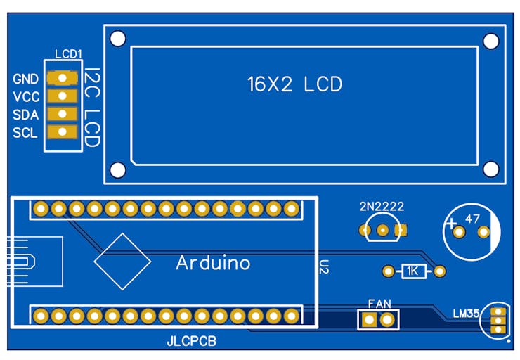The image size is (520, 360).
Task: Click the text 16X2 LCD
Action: click(x=294, y=85)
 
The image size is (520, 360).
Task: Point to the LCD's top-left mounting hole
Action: click(x=118, y=38)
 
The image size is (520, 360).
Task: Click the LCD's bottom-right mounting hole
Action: click(x=492, y=169)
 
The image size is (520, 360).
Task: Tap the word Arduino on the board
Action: click(x=213, y=263)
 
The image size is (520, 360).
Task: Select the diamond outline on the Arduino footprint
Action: click(x=122, y=261)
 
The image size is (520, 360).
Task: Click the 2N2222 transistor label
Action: click(x=382, y=207)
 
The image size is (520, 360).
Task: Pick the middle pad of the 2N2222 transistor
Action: click(x=383, y=230)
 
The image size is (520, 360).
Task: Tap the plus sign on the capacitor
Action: click(x=450, y=225)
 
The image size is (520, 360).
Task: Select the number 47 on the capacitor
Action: click(x=472, y=219)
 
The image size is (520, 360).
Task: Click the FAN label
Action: click(x=379, y=304)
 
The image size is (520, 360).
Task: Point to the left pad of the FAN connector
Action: click(x=369, y=321)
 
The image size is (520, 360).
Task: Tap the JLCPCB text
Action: click(x=190, y=342)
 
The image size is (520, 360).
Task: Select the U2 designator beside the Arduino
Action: click(x=324, y=266)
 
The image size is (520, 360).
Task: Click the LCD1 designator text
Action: click(x=68, y=53)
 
